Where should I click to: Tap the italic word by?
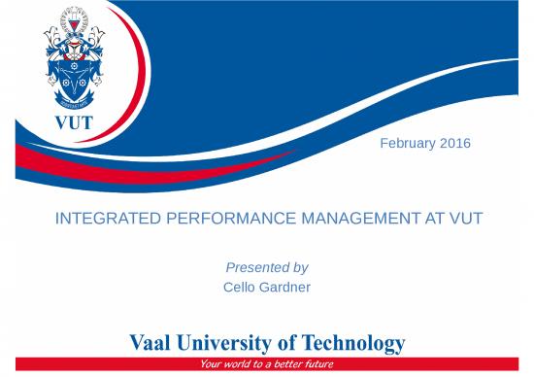click(x=300, y=267)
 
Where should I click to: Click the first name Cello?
click(x=239, y=288)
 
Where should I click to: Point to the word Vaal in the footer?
click(x=153, y=344)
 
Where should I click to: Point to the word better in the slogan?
click(x=283, y=365)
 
